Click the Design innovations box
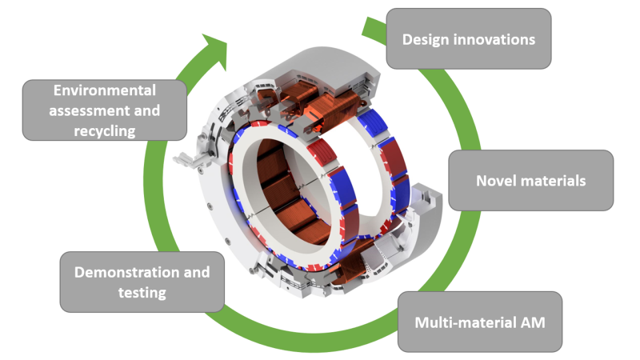click(469, 38)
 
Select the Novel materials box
click(531, 181)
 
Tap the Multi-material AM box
click(480, 322)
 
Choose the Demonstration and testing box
click(142, 282)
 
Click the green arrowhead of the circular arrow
click(214, 47)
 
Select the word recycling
click(100, 130)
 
